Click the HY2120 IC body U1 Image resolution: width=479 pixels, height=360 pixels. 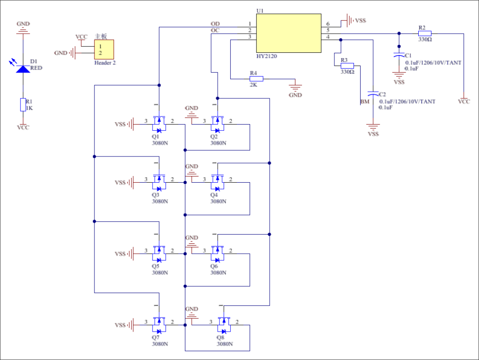[x=289, y=33]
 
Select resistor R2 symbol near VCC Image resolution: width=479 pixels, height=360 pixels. [x=424, y=33]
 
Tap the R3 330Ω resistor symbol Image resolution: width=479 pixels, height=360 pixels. [x=347, y=66]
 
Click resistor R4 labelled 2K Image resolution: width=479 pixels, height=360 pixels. [x=256, y=79]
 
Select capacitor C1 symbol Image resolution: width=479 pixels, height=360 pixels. [x=399, y=56]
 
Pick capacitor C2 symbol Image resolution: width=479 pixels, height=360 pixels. [x=373, y=95]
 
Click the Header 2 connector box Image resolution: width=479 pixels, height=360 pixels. [x=104, y=49]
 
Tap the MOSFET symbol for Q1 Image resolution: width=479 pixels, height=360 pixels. [x=158, y=124]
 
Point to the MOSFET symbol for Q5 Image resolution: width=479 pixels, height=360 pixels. [x=158, y=254]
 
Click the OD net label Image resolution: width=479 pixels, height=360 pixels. [x=215, y=23]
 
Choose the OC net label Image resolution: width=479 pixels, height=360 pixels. [x=215, y=30]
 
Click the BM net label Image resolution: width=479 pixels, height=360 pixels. [x=365, y=102]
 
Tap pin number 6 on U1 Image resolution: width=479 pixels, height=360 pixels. [x=328, y=23]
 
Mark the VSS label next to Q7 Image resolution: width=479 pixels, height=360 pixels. [x=120, y=325]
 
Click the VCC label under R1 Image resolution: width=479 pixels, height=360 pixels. [x=23, y=127]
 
